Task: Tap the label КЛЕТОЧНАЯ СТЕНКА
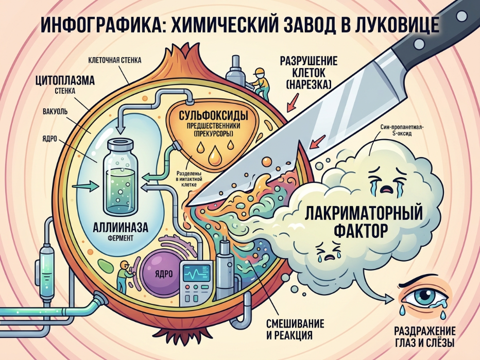(115, 60)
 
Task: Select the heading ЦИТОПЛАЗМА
(65, 81)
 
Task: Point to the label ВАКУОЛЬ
(55, 111)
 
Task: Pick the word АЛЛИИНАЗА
(121, 228)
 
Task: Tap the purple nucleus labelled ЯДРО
(161, 272)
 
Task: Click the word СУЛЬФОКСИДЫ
(213, 116)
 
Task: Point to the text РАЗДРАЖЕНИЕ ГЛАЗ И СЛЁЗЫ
(424, 337)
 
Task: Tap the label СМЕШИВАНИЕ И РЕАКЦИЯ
(295, 329)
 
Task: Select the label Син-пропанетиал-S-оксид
(401, 130)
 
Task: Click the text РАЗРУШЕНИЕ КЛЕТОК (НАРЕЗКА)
(308, 72)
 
